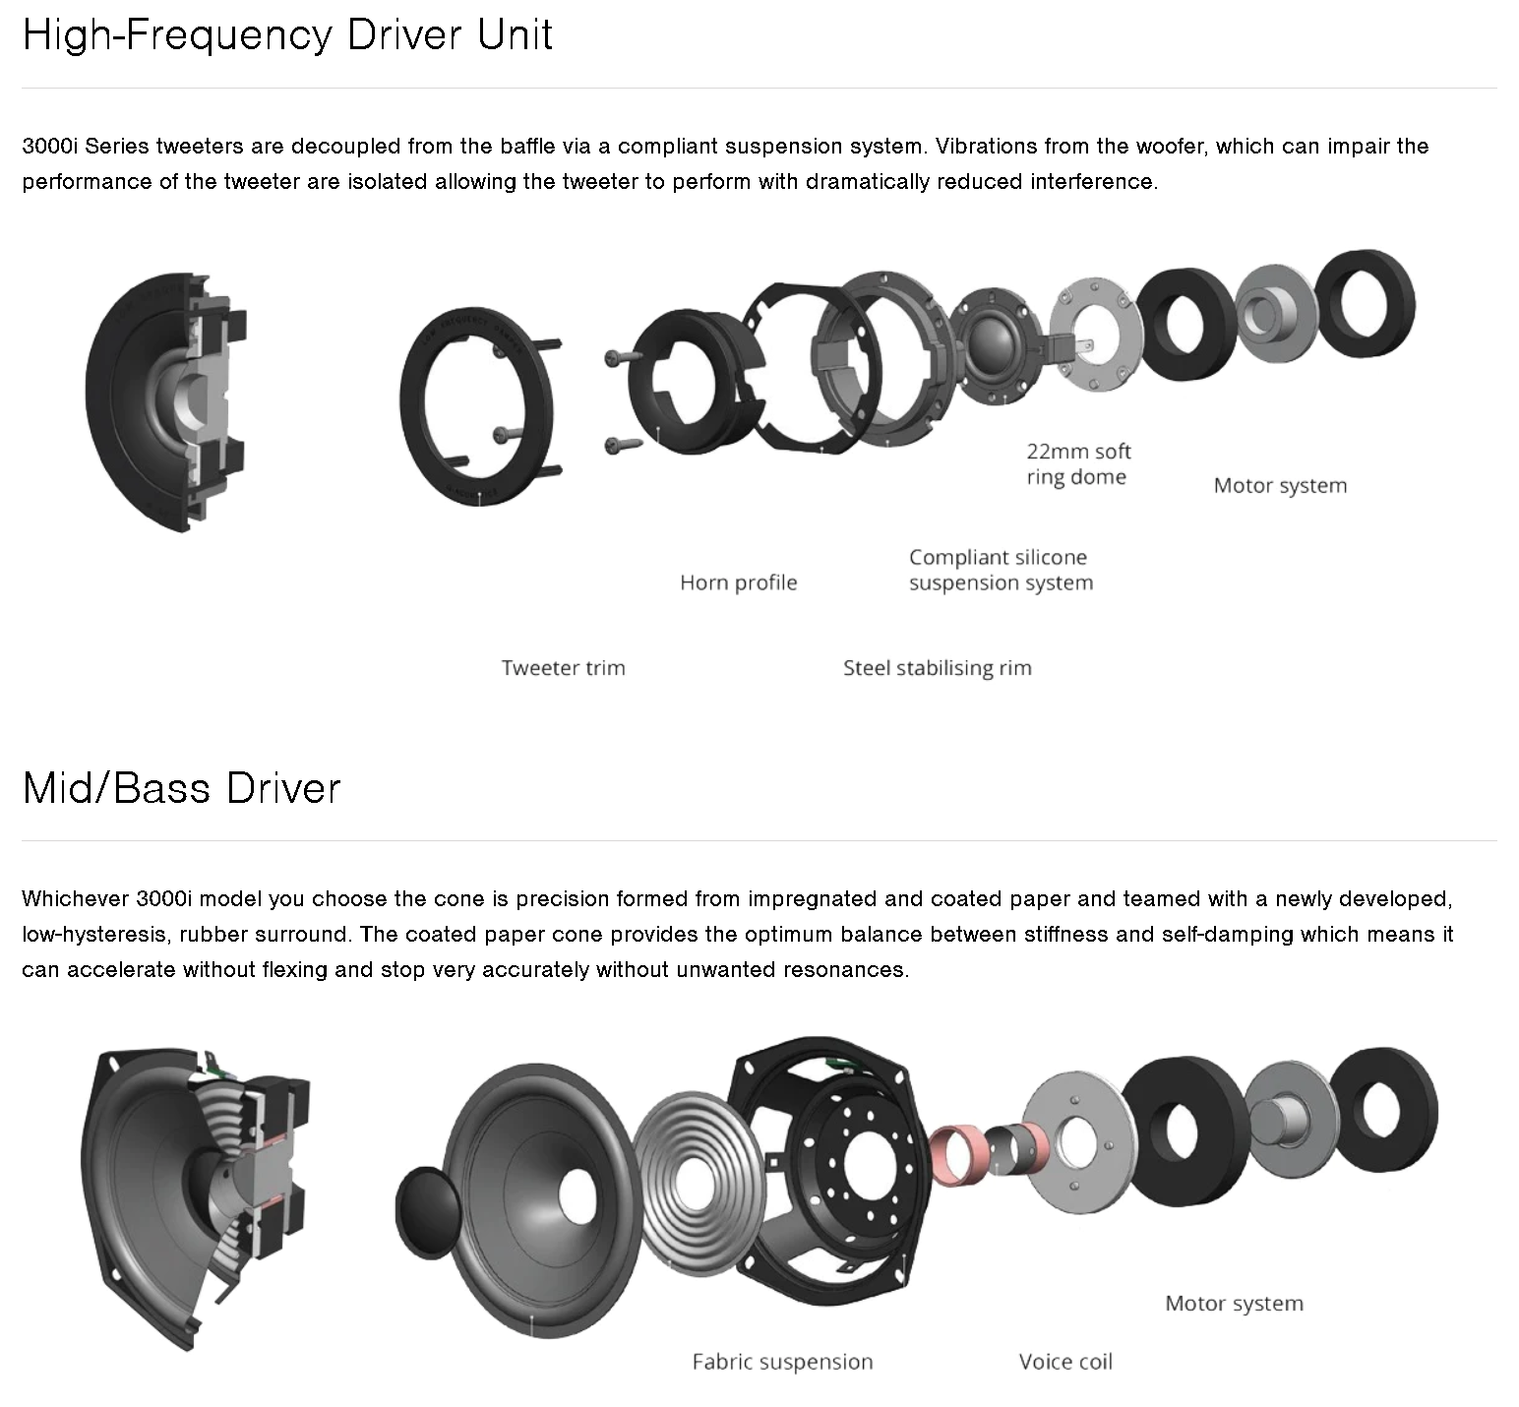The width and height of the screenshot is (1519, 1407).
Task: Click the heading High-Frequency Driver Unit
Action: (x=287, y=35)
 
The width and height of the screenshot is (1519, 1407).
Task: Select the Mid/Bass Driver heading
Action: (x=181, y=788)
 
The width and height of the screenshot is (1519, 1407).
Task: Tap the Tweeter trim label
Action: (x=563, y=668)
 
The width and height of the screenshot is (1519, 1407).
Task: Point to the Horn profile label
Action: (x=738, y=582)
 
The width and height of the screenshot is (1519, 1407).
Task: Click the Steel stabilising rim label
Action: (x=937, y=668)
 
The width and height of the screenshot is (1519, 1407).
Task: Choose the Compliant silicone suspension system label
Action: (x=1001, y=570)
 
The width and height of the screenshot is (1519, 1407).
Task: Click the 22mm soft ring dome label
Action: (x=1078, y=464)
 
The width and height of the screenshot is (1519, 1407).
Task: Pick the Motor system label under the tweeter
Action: (x=1280, y=485)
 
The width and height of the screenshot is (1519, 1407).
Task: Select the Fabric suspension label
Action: (x=782, y=1362)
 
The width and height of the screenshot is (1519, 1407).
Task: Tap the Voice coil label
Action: (x=1065, y=1362)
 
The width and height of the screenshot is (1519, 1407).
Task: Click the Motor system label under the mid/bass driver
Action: (x=1234, y=1303)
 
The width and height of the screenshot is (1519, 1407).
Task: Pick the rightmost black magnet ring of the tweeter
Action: (x=1365, y=303)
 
